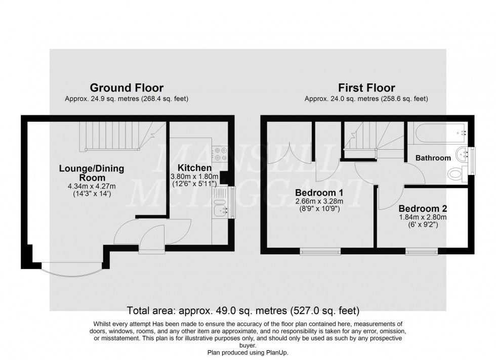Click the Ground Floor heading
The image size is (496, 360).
coord(127,88)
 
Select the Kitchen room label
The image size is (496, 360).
coord(194,167)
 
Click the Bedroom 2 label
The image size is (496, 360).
coord(422,208)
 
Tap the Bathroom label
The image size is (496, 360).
coord(433,158)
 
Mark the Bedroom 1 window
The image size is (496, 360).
coord(320,251)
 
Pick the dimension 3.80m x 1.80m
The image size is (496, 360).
coord(194,177)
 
